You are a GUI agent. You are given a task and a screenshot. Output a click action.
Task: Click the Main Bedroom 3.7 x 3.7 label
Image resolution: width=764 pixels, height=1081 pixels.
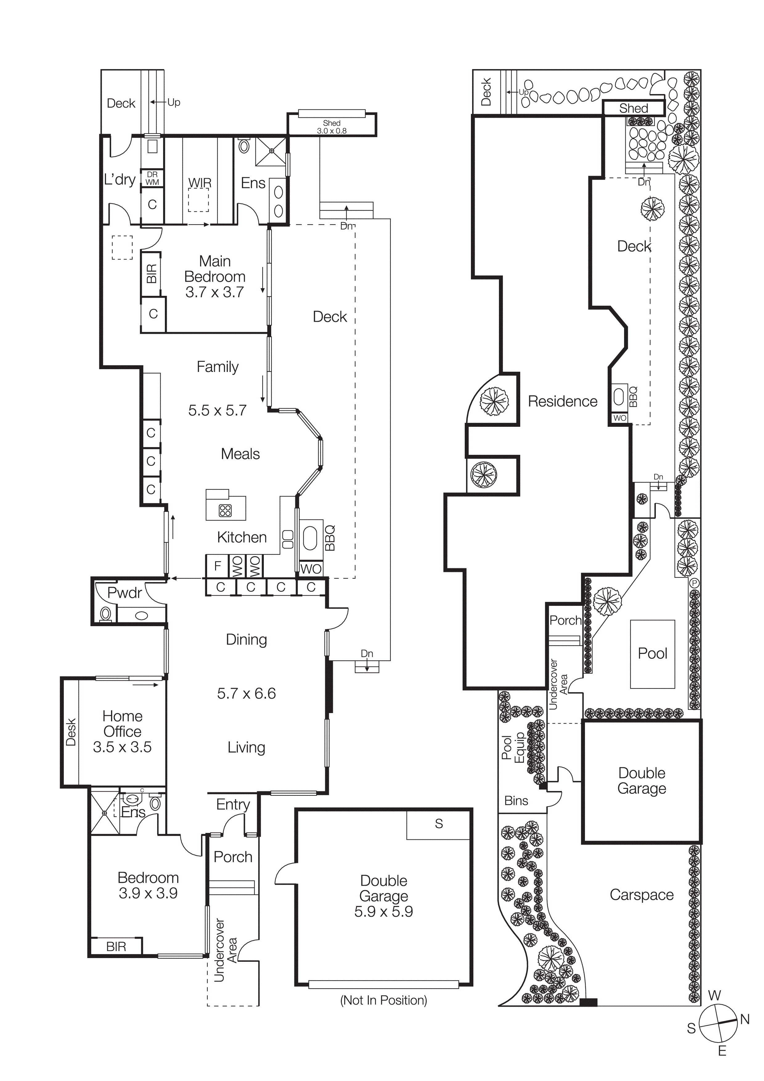pyautogui.click(x=215, y=276)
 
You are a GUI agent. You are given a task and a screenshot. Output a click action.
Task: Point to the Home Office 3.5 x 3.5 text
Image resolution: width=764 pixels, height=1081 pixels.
pyautogui.click(x=122, y=731)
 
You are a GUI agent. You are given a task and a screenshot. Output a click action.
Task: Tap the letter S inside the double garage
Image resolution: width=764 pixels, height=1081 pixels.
pyautogui.click(x=439, y=823)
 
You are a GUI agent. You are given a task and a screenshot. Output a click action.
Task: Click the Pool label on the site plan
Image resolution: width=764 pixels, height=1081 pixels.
pyautogui.click(x=652, y=654)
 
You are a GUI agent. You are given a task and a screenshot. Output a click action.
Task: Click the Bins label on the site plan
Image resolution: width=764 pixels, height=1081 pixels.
pyautogui.click(x=516, y=800)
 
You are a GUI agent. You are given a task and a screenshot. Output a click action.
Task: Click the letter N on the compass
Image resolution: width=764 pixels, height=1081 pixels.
pyautogui.click(x=745, y=1020)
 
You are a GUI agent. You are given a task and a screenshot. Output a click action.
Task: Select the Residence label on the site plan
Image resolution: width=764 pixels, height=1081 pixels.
pyautogui.click(x=562, y=401)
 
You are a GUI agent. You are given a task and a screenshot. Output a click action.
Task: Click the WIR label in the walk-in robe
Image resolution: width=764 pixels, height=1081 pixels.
pyautogui.click(x=200, y=183)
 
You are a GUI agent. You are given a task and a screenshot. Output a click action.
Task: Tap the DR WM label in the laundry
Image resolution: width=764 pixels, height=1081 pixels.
pyautogui.click(x=152, y=178)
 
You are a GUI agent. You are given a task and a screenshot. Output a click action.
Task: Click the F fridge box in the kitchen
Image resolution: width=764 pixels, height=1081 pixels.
pyautogui.click(x=218, y=566)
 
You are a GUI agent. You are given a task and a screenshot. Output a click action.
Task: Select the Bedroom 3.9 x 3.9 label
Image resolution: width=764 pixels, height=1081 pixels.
pyautogui.click(x=148, y=885)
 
